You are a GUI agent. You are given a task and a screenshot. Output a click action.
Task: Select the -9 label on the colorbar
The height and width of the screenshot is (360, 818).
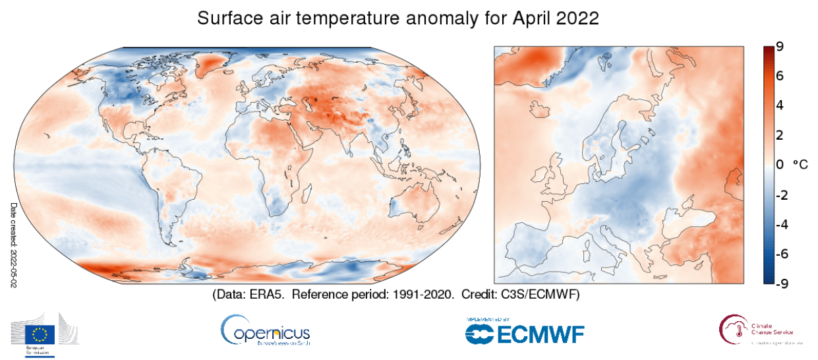778,284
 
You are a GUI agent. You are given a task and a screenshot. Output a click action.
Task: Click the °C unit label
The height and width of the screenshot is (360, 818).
799,165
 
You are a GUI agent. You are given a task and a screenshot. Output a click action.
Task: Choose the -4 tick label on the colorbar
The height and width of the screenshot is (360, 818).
778,224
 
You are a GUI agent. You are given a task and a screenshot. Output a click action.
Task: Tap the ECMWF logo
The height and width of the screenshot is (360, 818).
525,331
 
